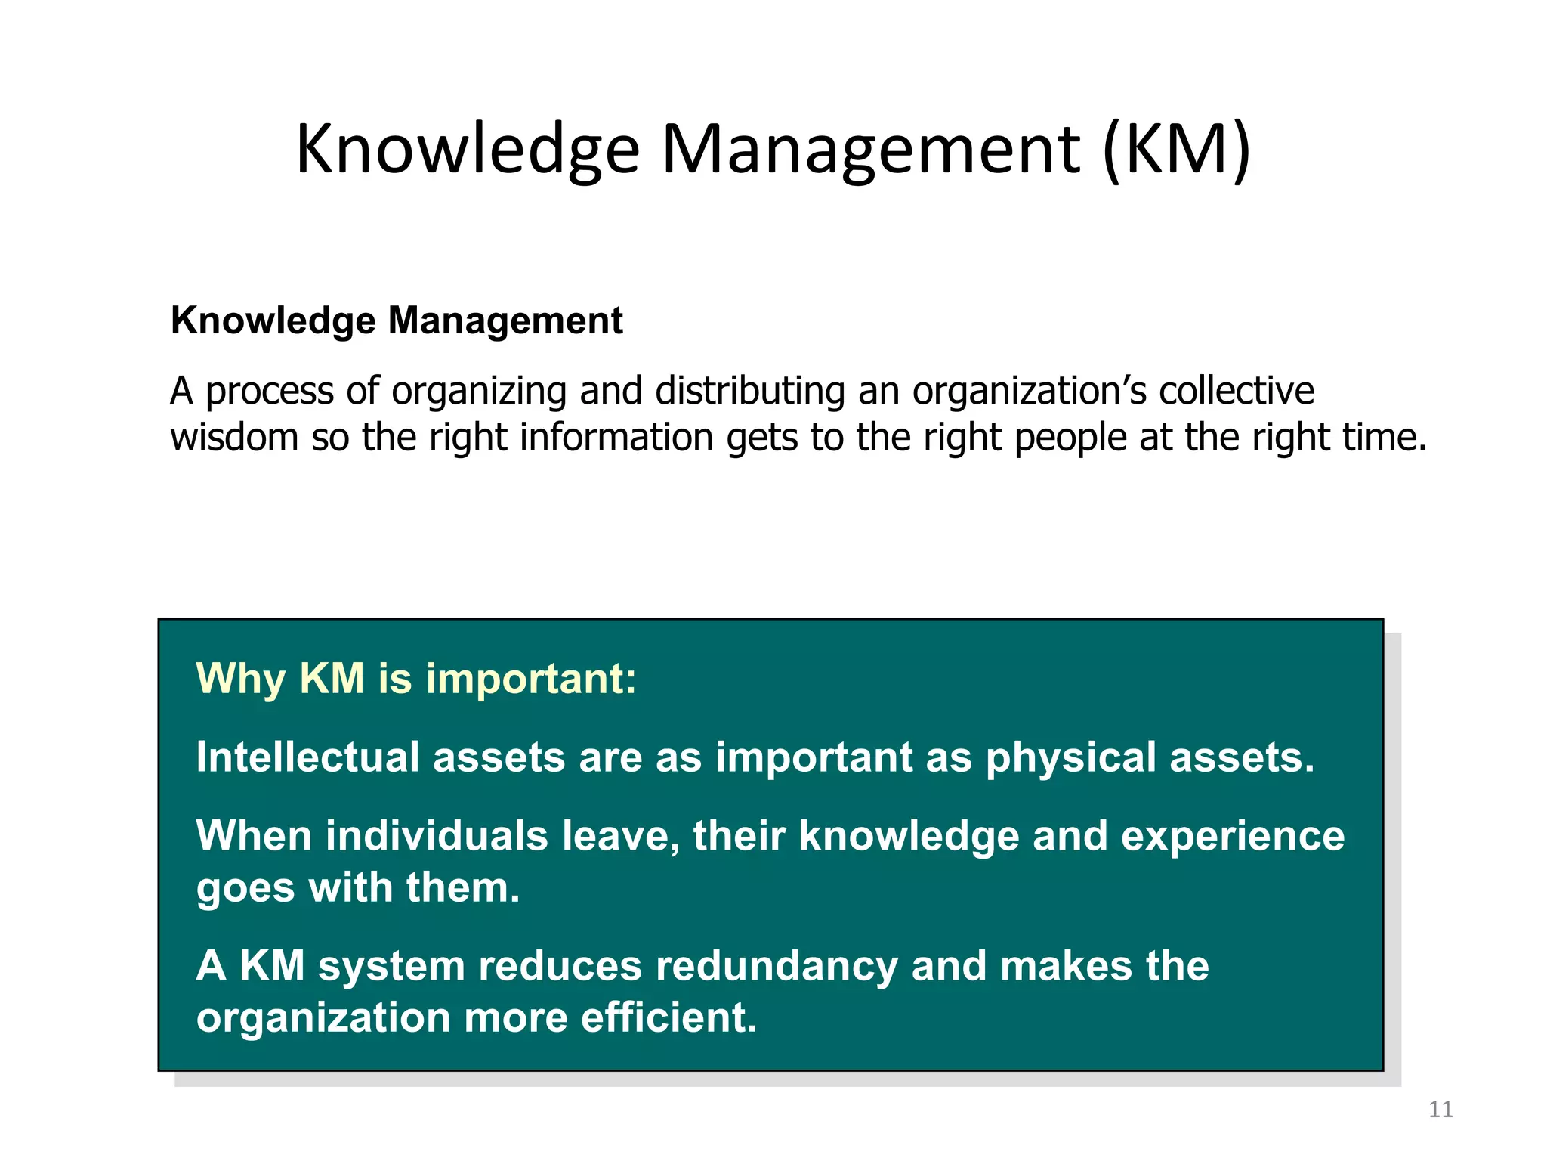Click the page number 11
(1440, 1110)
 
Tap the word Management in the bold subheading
(505, 320)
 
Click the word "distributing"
(750, 392)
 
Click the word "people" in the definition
(1070, 439)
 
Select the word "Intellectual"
(307, 757)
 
